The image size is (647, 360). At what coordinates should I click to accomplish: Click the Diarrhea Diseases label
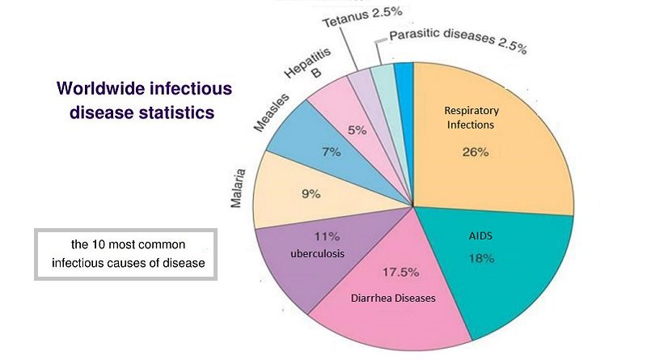pos(393,298)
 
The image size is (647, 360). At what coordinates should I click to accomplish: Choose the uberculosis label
pos(317,253)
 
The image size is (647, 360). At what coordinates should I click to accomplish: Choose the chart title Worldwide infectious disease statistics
pos(137,100)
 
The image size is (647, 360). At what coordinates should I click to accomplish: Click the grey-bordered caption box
pos(125,253)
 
